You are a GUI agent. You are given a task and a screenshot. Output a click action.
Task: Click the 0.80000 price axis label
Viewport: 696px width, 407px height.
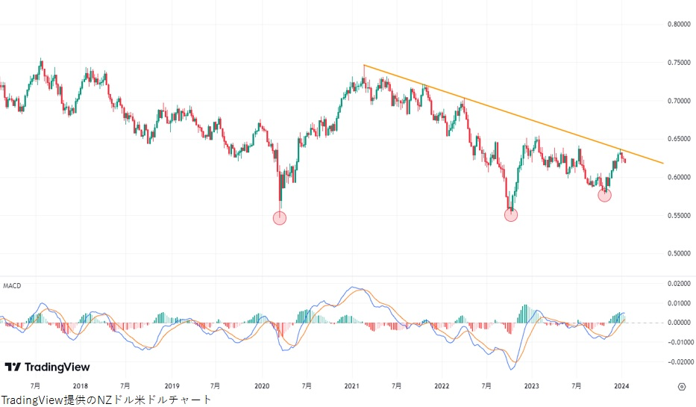tap(678, 24)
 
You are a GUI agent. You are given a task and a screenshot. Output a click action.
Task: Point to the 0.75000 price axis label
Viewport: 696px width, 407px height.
tap(678, 62)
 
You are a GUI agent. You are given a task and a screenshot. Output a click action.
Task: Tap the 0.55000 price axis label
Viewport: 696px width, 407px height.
tap(678, 215)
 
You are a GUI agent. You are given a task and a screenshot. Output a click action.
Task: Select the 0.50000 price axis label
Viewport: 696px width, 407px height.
tap(678, 253)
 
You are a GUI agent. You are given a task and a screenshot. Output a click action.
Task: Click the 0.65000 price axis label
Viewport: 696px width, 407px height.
tap(678, 139)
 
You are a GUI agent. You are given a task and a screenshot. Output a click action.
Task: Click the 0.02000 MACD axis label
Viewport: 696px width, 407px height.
tap(678, 284)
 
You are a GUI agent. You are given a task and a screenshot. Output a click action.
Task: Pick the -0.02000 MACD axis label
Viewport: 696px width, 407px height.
tap(677, 362)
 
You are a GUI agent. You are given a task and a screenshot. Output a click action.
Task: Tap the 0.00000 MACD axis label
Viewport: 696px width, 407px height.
tap(678, 323)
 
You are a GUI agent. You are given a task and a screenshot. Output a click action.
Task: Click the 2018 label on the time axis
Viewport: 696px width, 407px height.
tap(81, 386)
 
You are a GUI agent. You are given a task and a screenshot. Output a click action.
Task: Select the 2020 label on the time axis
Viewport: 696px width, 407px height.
tap(262, 386)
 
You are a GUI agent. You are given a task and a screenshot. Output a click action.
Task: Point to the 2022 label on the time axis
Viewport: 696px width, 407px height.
tap(442, 386)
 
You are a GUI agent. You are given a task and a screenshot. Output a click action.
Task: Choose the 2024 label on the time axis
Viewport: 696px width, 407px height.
tap(622, 386)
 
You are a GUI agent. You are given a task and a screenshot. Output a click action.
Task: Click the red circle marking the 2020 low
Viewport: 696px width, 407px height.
tap(280, 218)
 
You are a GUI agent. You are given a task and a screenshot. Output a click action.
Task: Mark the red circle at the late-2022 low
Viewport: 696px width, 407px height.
tap(511, 215)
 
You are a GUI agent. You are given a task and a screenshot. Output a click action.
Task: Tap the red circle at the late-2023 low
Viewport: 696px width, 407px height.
tap(605, 195)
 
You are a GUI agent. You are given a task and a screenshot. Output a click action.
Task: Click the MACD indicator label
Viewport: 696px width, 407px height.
tap(11, 286)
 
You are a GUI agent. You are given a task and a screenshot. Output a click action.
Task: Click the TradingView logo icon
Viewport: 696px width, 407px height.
tap(13, 367)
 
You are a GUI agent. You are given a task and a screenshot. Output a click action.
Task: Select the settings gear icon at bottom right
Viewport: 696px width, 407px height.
tap(681, 386)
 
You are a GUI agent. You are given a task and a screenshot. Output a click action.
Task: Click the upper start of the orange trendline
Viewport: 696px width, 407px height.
tap(364, 66)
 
